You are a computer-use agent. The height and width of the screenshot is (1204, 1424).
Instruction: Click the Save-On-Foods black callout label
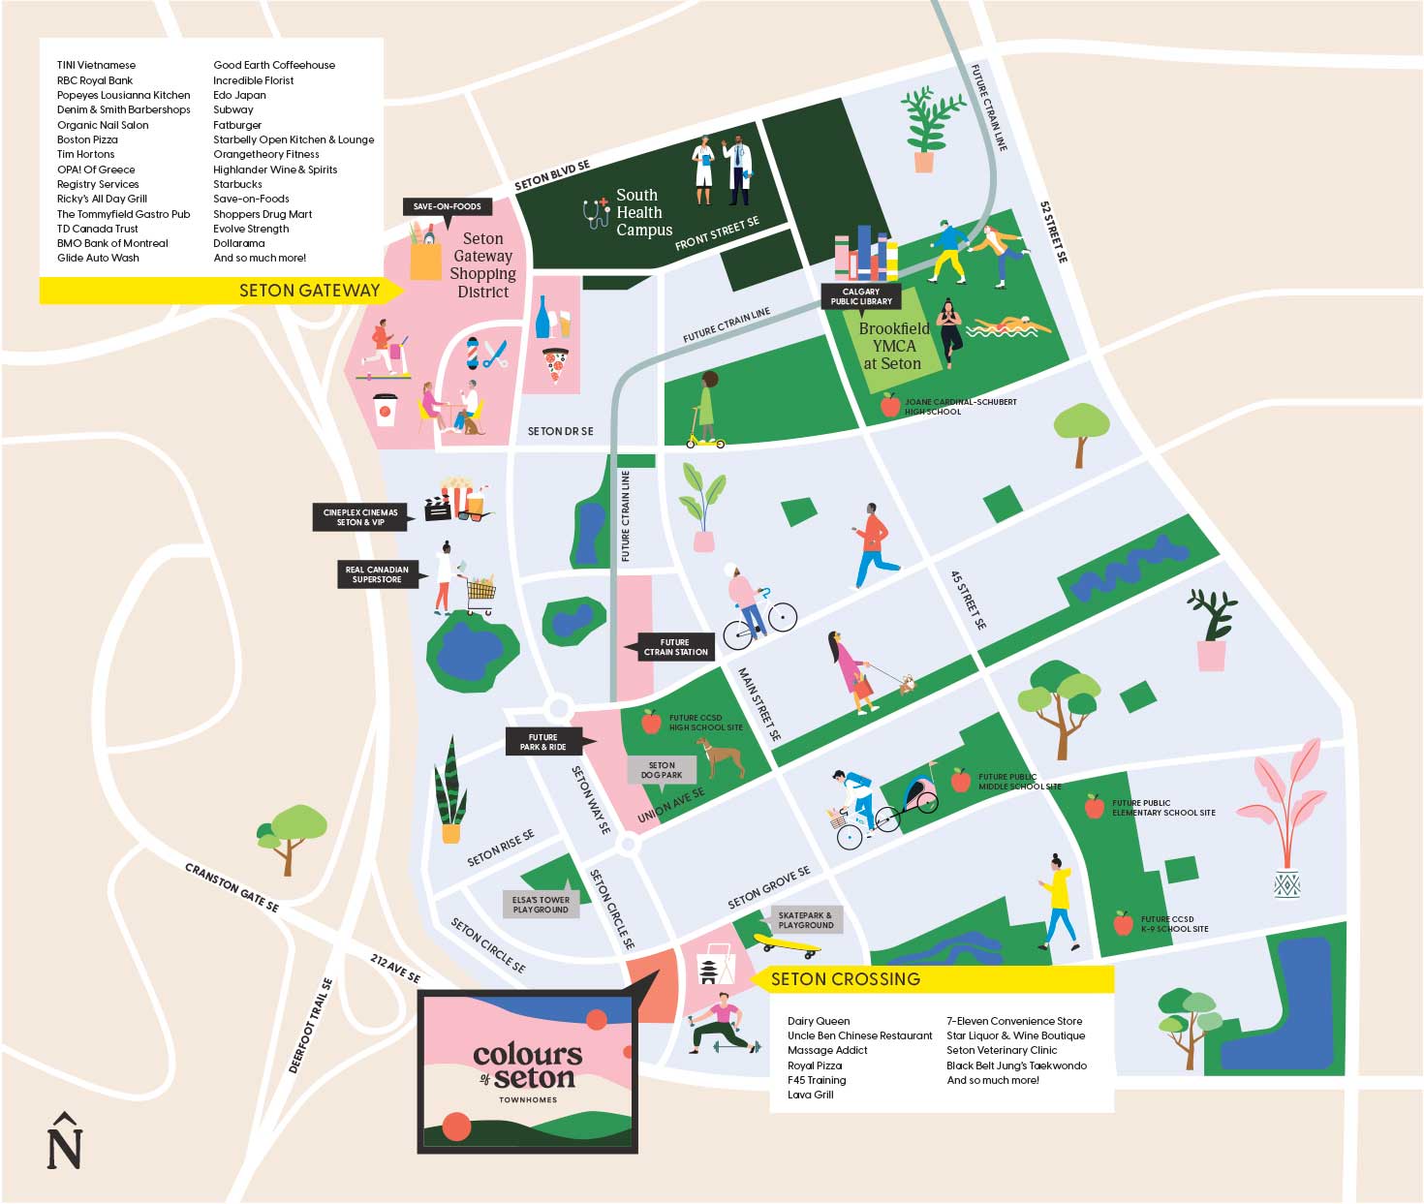tap(448, 206)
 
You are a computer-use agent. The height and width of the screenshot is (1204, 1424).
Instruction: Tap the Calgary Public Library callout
tap(860, 296)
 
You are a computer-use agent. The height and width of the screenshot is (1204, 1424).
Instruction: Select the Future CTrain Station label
tap(675, 647)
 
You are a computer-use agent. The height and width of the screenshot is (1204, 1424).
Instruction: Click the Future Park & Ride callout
tap(542, 742)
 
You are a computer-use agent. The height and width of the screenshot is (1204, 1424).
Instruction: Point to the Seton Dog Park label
tap(662, 770)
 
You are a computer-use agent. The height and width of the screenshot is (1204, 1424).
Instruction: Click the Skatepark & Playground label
tap(805, 920)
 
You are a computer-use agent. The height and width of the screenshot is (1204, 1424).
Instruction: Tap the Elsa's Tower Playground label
tap(541, 905)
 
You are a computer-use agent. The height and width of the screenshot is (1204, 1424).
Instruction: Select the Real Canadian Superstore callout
tap(378, 574)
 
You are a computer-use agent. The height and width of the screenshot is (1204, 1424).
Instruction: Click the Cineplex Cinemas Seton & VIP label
tap(359, 517)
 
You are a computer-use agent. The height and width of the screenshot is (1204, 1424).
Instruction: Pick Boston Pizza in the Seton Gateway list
tap(87, 139)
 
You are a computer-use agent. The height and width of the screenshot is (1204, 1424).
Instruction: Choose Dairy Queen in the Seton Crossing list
tap(819, 1021)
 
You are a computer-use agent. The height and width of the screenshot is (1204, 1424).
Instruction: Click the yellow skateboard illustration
tap(787, 946)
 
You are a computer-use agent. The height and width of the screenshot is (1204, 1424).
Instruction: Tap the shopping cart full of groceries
tap(481, 594)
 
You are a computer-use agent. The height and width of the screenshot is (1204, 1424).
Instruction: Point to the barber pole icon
tap(473, 354)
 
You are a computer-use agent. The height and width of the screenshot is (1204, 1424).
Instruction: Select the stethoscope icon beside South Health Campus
tap(596, 213)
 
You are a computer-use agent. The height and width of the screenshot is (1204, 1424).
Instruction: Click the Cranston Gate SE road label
tap(232, 888)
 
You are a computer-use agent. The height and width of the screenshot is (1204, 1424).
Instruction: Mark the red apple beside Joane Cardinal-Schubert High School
tap(890, 405)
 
